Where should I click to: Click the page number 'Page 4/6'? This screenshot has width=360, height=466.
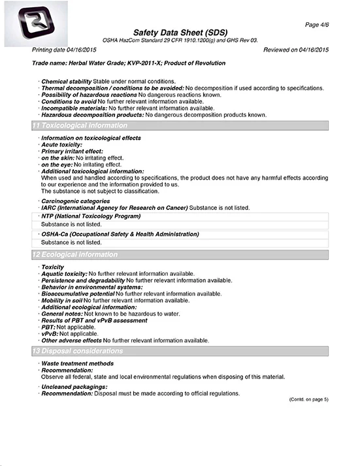point(317,24)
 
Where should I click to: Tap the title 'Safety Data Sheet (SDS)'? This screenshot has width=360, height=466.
point(181,33)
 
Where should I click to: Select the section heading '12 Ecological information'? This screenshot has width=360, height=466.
point(75,254)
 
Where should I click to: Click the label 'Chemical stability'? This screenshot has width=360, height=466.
point(66,81)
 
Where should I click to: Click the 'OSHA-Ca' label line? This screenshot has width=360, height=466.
point(119,233)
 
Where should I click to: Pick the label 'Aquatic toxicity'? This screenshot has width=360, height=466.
point(63,273)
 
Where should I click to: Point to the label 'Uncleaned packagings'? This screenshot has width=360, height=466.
point(74,388)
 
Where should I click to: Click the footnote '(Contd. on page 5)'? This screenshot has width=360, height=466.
point(309,399)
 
